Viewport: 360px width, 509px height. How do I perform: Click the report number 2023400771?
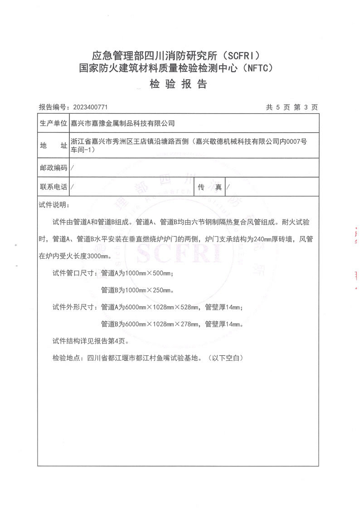[90, 107]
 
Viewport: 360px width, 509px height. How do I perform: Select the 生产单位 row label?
[54, 123]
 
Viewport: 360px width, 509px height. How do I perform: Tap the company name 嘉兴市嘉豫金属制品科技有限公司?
[123, 123]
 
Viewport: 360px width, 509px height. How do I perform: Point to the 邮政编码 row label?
[54, 168]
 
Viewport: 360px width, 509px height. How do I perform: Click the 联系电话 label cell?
[54, 186]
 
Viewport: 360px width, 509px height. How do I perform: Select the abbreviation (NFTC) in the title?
[258, 68]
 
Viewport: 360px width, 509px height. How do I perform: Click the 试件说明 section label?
[54, 205]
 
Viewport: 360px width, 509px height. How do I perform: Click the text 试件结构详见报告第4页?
[92, 341]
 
